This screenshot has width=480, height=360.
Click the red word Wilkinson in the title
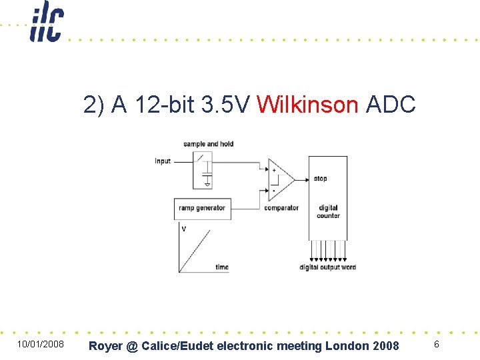307,105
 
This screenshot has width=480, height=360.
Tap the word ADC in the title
391,105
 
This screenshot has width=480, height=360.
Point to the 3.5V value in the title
226,105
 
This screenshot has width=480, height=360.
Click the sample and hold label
208,144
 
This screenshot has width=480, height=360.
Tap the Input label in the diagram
163,161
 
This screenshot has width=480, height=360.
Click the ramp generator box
202,208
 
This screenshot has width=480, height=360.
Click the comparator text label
281,208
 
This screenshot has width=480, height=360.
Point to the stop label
321,179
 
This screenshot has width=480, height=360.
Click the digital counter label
329,212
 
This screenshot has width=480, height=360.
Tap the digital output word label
327,267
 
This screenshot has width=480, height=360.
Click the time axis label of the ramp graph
222,267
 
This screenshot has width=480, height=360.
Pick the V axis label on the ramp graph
184,229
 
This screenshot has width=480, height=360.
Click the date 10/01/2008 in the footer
41,345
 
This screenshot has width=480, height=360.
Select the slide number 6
436,344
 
